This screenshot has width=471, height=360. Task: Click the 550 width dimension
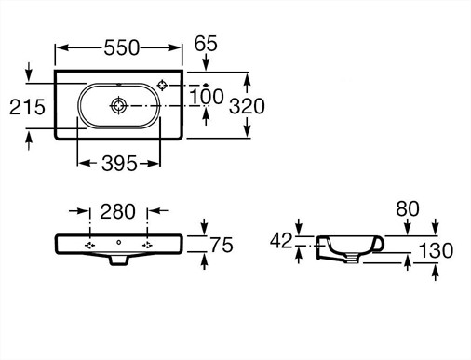[x=122, y=47]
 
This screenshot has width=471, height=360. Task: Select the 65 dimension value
[x=206, y=44]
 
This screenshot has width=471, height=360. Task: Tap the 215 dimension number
[x=27, y=107]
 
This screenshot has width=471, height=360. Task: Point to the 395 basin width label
[x=119, y=164]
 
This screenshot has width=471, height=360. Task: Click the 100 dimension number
[x=207, y=97]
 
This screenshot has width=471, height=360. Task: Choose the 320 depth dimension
[x=247, y=106]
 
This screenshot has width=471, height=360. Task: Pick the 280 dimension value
[x=117, y=211]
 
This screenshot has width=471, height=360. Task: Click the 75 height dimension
[x=222, y=245]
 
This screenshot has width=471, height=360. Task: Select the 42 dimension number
[x=281, y=241]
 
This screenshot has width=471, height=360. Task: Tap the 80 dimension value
[x=408, y=208]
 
